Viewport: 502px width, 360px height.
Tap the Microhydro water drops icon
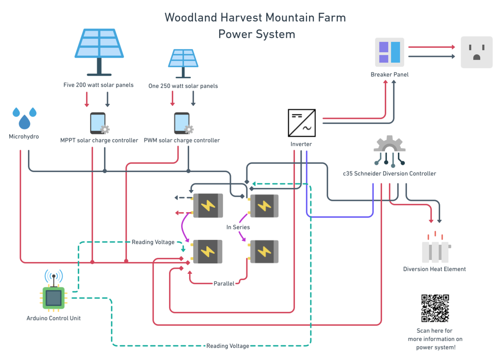(x=24, y=118)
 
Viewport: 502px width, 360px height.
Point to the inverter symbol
(x=302, y=123)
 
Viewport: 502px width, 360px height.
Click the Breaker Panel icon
(x=389, y=52)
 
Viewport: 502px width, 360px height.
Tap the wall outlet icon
(x=476, y=52)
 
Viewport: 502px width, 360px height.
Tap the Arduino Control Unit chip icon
(x=54, y=297)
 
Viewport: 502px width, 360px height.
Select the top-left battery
(x=207, y=206)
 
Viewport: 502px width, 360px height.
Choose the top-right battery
(x=264, y=206)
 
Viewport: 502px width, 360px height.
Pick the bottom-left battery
(x=207, y=252)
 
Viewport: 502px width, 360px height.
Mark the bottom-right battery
(x=264, y=252)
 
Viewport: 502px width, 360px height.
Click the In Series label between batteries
(x=238, y=227)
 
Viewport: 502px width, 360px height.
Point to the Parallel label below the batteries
(x=223, y=283)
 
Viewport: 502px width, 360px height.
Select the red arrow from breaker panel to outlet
(x=431, y=47)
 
